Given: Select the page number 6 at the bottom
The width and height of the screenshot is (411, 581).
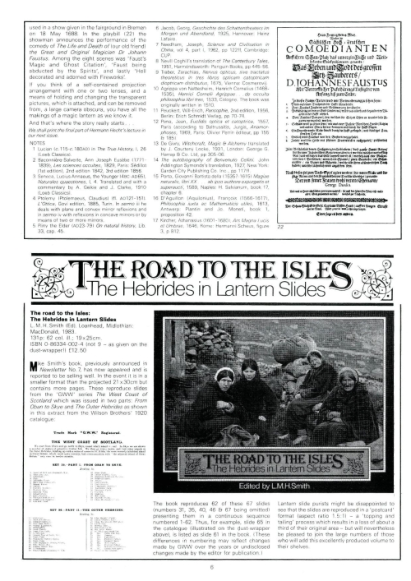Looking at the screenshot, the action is [x=205, y=566].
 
